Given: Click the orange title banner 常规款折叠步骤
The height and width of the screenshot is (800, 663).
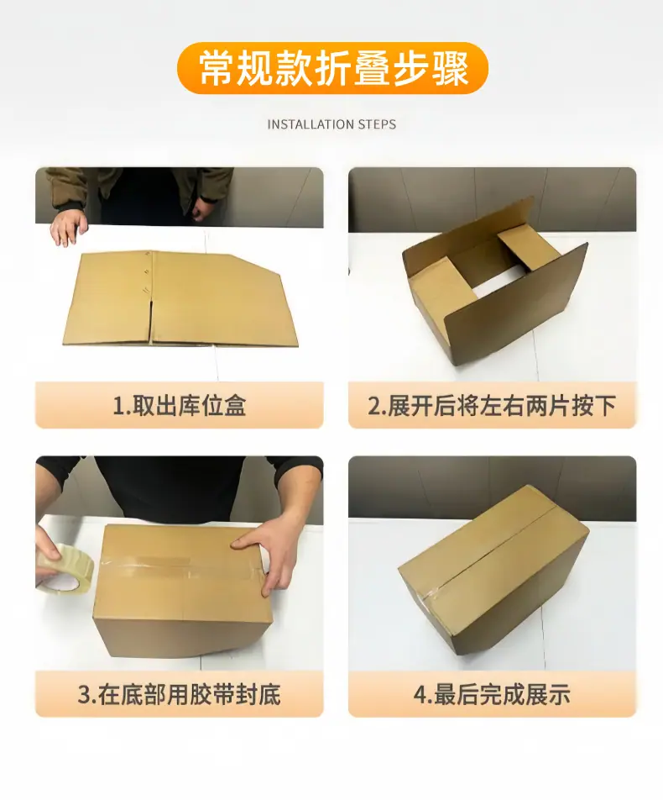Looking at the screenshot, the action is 332,68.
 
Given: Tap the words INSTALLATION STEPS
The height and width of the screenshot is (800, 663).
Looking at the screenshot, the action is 331,124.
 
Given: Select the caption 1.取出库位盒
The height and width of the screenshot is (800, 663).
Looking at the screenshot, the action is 180,406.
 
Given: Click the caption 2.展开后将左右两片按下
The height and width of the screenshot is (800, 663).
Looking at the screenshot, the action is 492,406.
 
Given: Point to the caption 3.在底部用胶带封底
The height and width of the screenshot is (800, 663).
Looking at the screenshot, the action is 180,694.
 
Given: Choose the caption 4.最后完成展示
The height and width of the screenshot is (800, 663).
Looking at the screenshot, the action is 492,694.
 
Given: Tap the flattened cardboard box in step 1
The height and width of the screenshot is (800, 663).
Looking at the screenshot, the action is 180,299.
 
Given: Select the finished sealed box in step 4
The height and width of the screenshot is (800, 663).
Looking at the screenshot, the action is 493,568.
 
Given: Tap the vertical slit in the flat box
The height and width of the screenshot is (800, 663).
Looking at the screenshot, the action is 151,321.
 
